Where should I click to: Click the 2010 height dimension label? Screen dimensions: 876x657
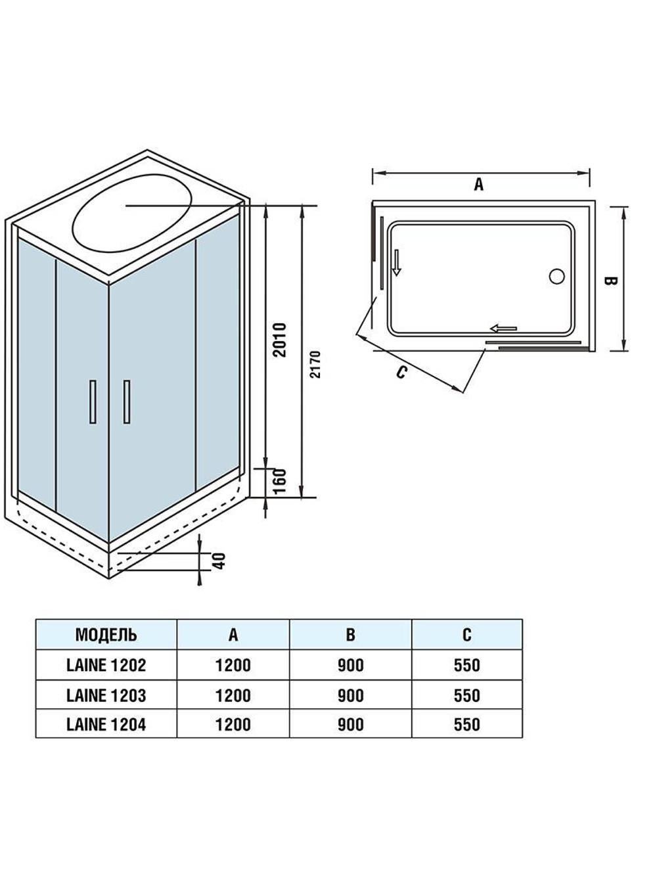(281, 339)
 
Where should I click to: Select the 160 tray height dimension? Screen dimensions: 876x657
(280, 483)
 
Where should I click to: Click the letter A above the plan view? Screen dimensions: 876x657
(479, 184)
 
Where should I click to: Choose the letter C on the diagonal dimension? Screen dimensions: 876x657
(402, 372)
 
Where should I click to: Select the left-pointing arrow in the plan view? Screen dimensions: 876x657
(504, 328)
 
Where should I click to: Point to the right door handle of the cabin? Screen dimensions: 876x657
(126, 402)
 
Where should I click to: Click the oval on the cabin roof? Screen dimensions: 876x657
(133, 214)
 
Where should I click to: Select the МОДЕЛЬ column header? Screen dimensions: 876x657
(106, 635)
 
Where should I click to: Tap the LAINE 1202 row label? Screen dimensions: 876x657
(106, 665)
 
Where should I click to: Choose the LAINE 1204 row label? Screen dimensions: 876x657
(106, 724)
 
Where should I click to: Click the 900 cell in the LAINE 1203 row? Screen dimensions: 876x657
(350, 695)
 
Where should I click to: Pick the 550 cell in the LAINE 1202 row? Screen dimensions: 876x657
(466, 665)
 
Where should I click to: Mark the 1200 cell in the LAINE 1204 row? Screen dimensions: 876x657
(233, 724)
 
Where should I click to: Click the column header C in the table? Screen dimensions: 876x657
(466, 635)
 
